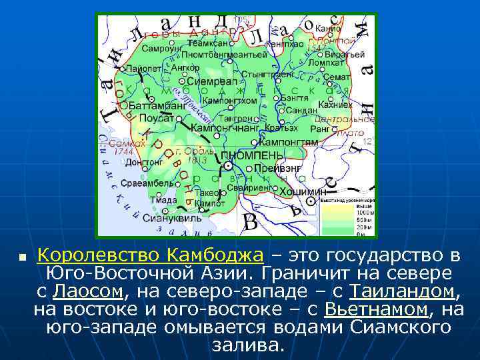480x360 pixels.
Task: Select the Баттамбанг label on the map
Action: click(157, 105)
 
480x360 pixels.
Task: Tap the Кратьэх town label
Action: click(281, 127)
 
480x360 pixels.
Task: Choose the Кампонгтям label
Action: click(288, 142)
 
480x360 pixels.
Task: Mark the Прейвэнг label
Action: click(276, 167)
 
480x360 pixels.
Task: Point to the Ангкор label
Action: click(185, 67)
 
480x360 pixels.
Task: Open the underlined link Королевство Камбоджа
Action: click(150, 255)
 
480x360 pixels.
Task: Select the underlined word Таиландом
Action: click(403, 291)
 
